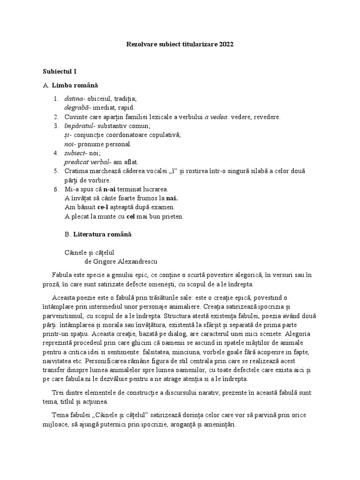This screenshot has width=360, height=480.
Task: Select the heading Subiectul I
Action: click(x=59, y=72)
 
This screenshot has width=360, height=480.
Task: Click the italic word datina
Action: click(x=74, y=99)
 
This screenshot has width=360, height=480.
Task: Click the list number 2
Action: click(x=56, y=117)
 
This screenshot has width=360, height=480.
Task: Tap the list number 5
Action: click(x=56, y=171)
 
